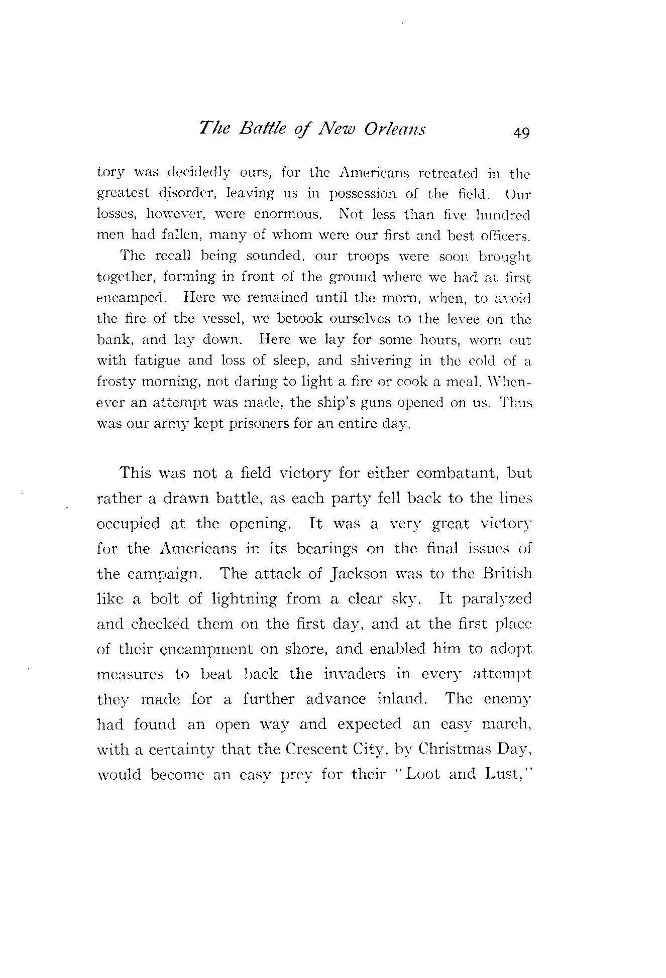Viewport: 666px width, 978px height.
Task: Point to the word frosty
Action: coord(115,382)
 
